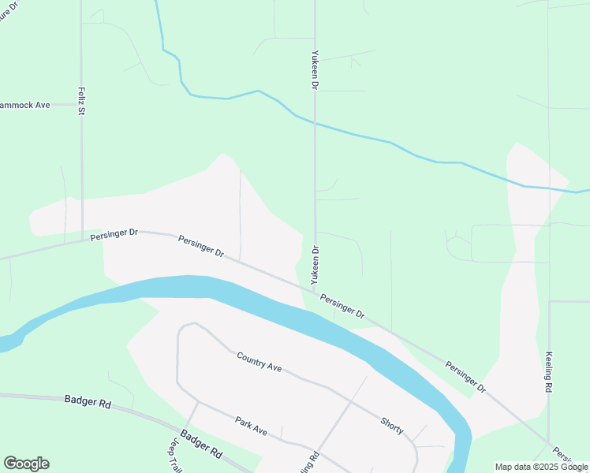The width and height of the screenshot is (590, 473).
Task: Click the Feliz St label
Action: coord(80,101)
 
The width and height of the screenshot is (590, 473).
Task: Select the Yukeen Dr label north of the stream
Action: coord(314,69)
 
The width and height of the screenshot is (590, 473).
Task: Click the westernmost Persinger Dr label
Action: coord(114,234)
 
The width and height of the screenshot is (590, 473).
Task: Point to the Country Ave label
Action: coord(259,362)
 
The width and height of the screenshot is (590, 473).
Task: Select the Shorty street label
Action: coord(392,426)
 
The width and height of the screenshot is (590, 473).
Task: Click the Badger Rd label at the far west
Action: coord(88,402)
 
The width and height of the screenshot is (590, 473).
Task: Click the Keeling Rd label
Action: coord(547,373)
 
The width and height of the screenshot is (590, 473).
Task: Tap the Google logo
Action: coord(26,464)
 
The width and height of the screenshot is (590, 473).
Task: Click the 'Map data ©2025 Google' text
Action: coord(541,467)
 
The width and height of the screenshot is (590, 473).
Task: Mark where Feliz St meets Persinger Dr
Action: coord(82,240)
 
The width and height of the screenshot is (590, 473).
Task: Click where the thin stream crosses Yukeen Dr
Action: coord(315,122)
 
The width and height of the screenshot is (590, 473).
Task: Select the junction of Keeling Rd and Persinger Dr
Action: coord(548,443)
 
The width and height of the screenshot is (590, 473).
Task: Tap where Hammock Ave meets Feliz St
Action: coord(81,105)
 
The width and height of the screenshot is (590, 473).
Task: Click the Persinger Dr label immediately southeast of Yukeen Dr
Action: coord(343,307)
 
